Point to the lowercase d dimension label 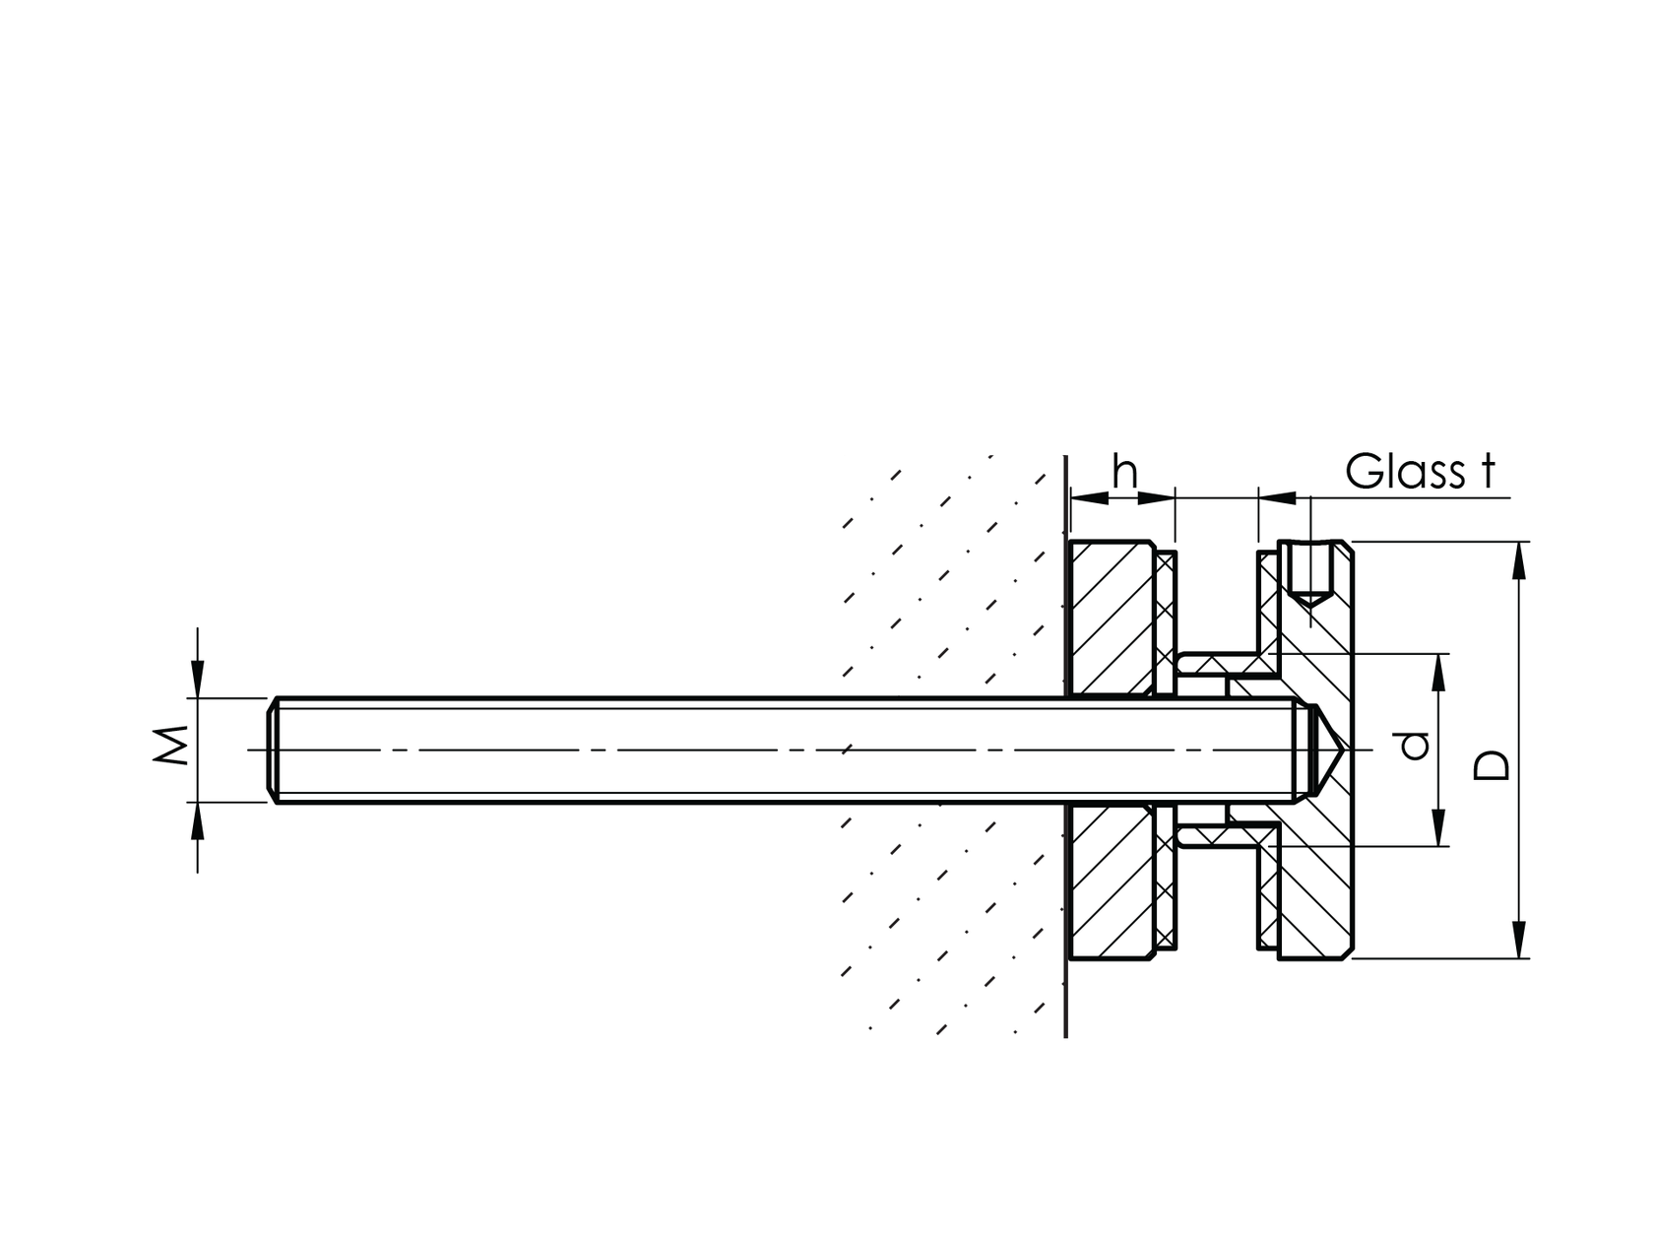click(x=1415, y=746)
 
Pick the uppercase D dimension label click(x=1492, y=765)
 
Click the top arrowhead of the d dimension click(x=1438, y=671)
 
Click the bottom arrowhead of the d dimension click(x=1438, y=828)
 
